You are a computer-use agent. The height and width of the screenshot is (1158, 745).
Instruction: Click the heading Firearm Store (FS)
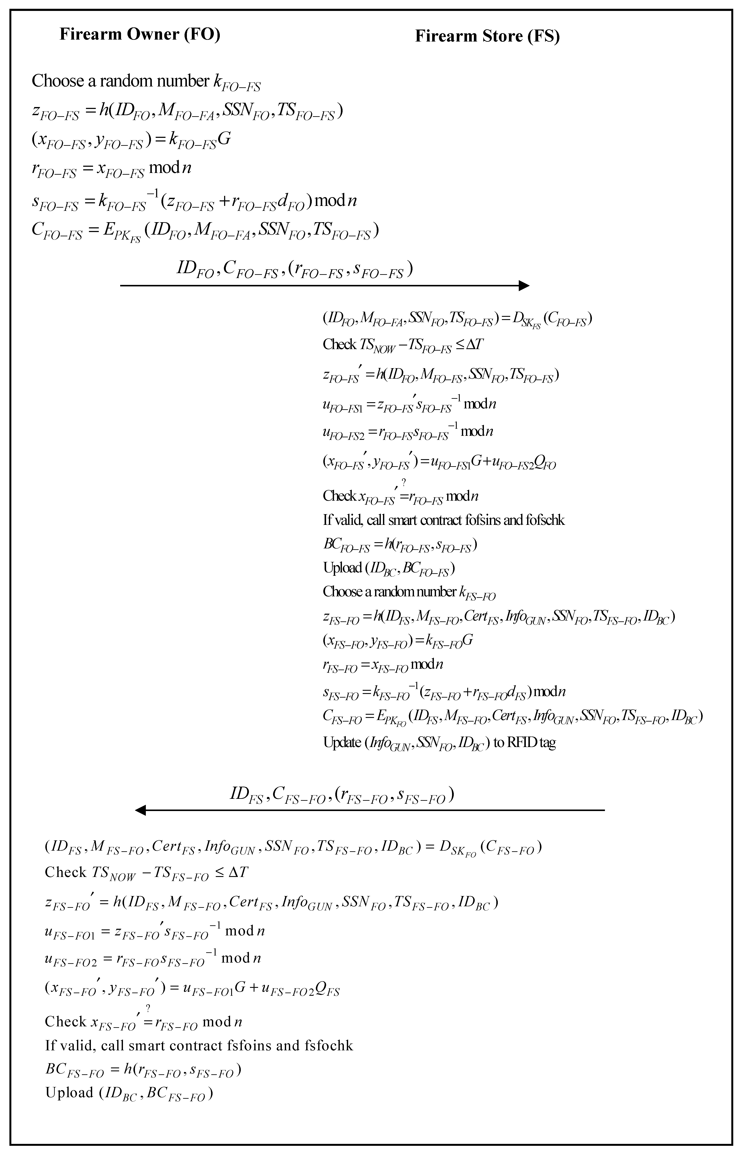[487, 36]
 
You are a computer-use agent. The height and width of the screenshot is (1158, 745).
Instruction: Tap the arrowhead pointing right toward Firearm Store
[524, 286]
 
